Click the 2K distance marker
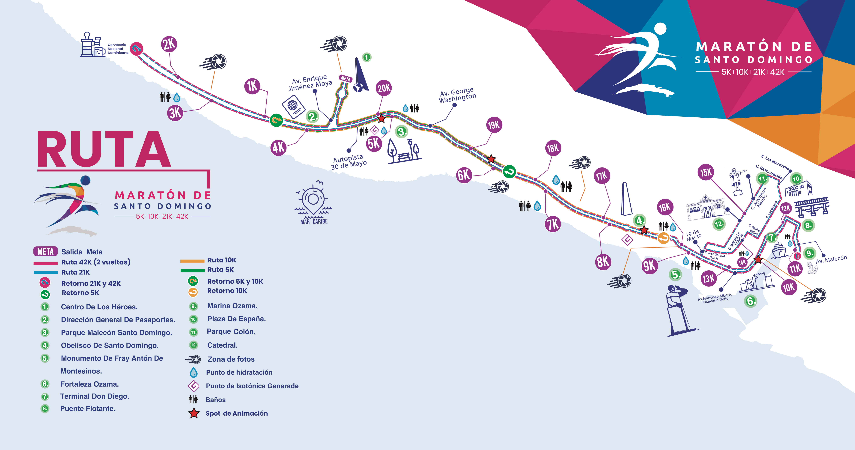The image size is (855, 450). click(169, 44)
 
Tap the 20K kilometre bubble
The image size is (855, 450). click(384, 88)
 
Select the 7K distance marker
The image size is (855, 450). click(553, 224)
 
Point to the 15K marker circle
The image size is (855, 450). click(706, 172)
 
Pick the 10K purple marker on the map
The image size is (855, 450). click(789, 287)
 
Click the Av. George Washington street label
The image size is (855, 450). click(457, 95)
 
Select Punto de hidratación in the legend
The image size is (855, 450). click(239, 372)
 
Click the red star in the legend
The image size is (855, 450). click(194, 413)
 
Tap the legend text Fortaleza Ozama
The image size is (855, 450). click(90, 384)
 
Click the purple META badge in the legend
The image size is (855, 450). click(45, 252)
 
